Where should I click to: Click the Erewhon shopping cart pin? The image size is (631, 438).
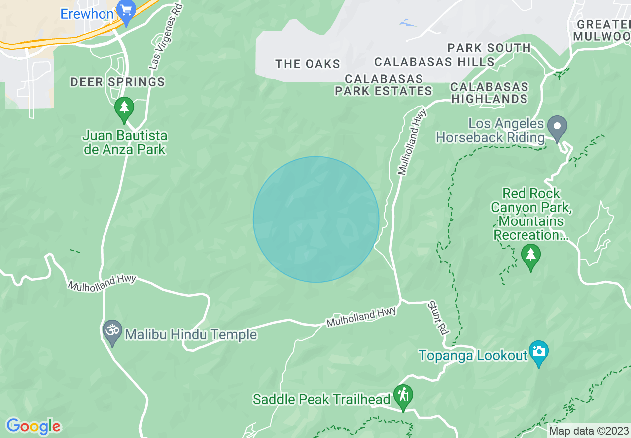tap(126, 11)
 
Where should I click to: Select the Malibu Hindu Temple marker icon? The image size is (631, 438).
tap(112, 331)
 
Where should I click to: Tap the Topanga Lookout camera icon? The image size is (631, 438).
tap(538, 352)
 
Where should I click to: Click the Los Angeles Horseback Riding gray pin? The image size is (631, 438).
tap(557, 126)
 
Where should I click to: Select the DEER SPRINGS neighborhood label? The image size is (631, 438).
tap(117, 82)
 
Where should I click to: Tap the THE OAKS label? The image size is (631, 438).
tap(308, 64)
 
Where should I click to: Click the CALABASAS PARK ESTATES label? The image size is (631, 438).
tap(384, 85)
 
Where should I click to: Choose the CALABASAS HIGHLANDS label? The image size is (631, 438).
tap(489, 93)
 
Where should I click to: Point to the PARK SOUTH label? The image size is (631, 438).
tap(489, 48)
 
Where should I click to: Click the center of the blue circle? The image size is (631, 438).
tap(316, 219)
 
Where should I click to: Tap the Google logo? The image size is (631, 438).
tap(33, 426)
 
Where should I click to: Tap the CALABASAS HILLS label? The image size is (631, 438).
tap(434, 62)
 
